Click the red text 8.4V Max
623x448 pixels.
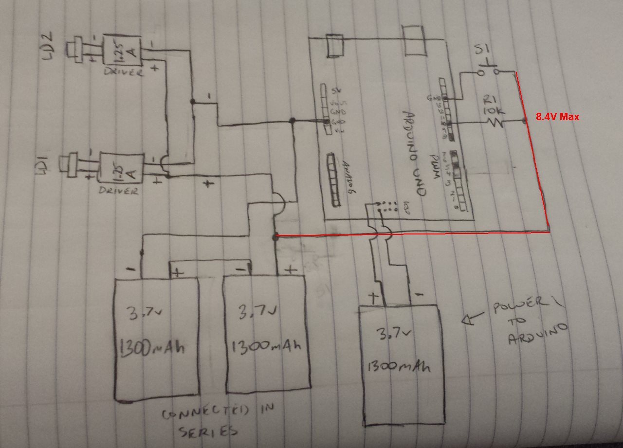tap(557, 117)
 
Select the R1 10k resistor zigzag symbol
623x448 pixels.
tap(496, 123)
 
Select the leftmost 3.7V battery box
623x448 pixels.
tap(156, 338)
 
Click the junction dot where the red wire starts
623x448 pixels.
tap(275, 237)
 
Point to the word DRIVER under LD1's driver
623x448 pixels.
tap(118, 191)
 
